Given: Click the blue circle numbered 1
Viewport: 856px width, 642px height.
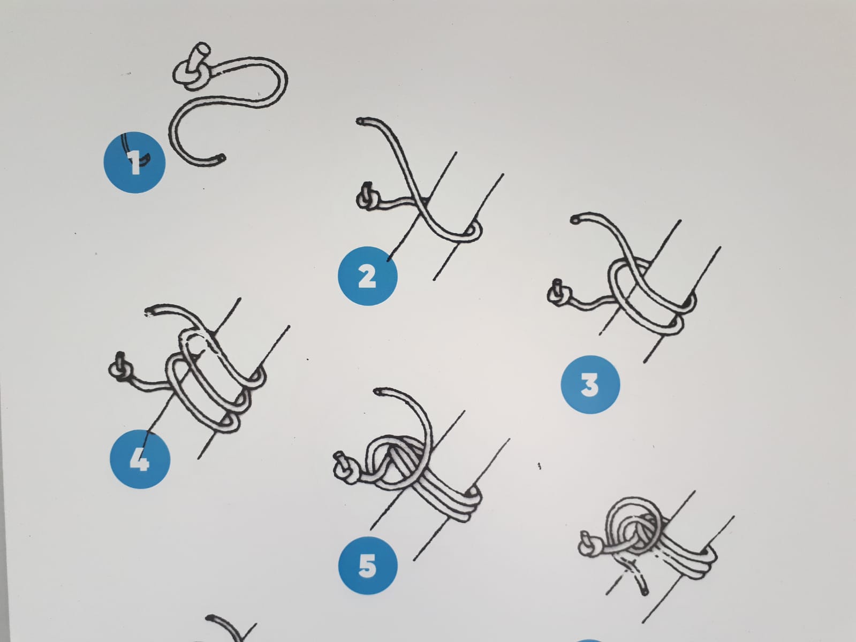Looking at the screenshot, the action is (x=134, y=163).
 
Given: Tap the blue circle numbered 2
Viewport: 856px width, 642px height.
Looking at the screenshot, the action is (x=368, y=276).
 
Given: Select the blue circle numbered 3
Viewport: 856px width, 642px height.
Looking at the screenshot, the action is (x=590, y=385).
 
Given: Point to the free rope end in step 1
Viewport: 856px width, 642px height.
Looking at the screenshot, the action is (x=221, y=158).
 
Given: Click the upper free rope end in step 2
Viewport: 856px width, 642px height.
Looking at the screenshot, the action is (x=361, y=121).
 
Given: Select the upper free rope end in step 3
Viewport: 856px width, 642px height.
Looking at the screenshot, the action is (x=575, y=220).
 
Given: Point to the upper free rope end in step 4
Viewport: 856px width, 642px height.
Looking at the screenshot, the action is (x=149, y=311).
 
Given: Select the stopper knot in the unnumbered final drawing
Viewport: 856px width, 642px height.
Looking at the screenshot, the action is (x=589, y=543).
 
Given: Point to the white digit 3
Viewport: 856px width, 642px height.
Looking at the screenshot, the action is (x=590, y=385).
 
